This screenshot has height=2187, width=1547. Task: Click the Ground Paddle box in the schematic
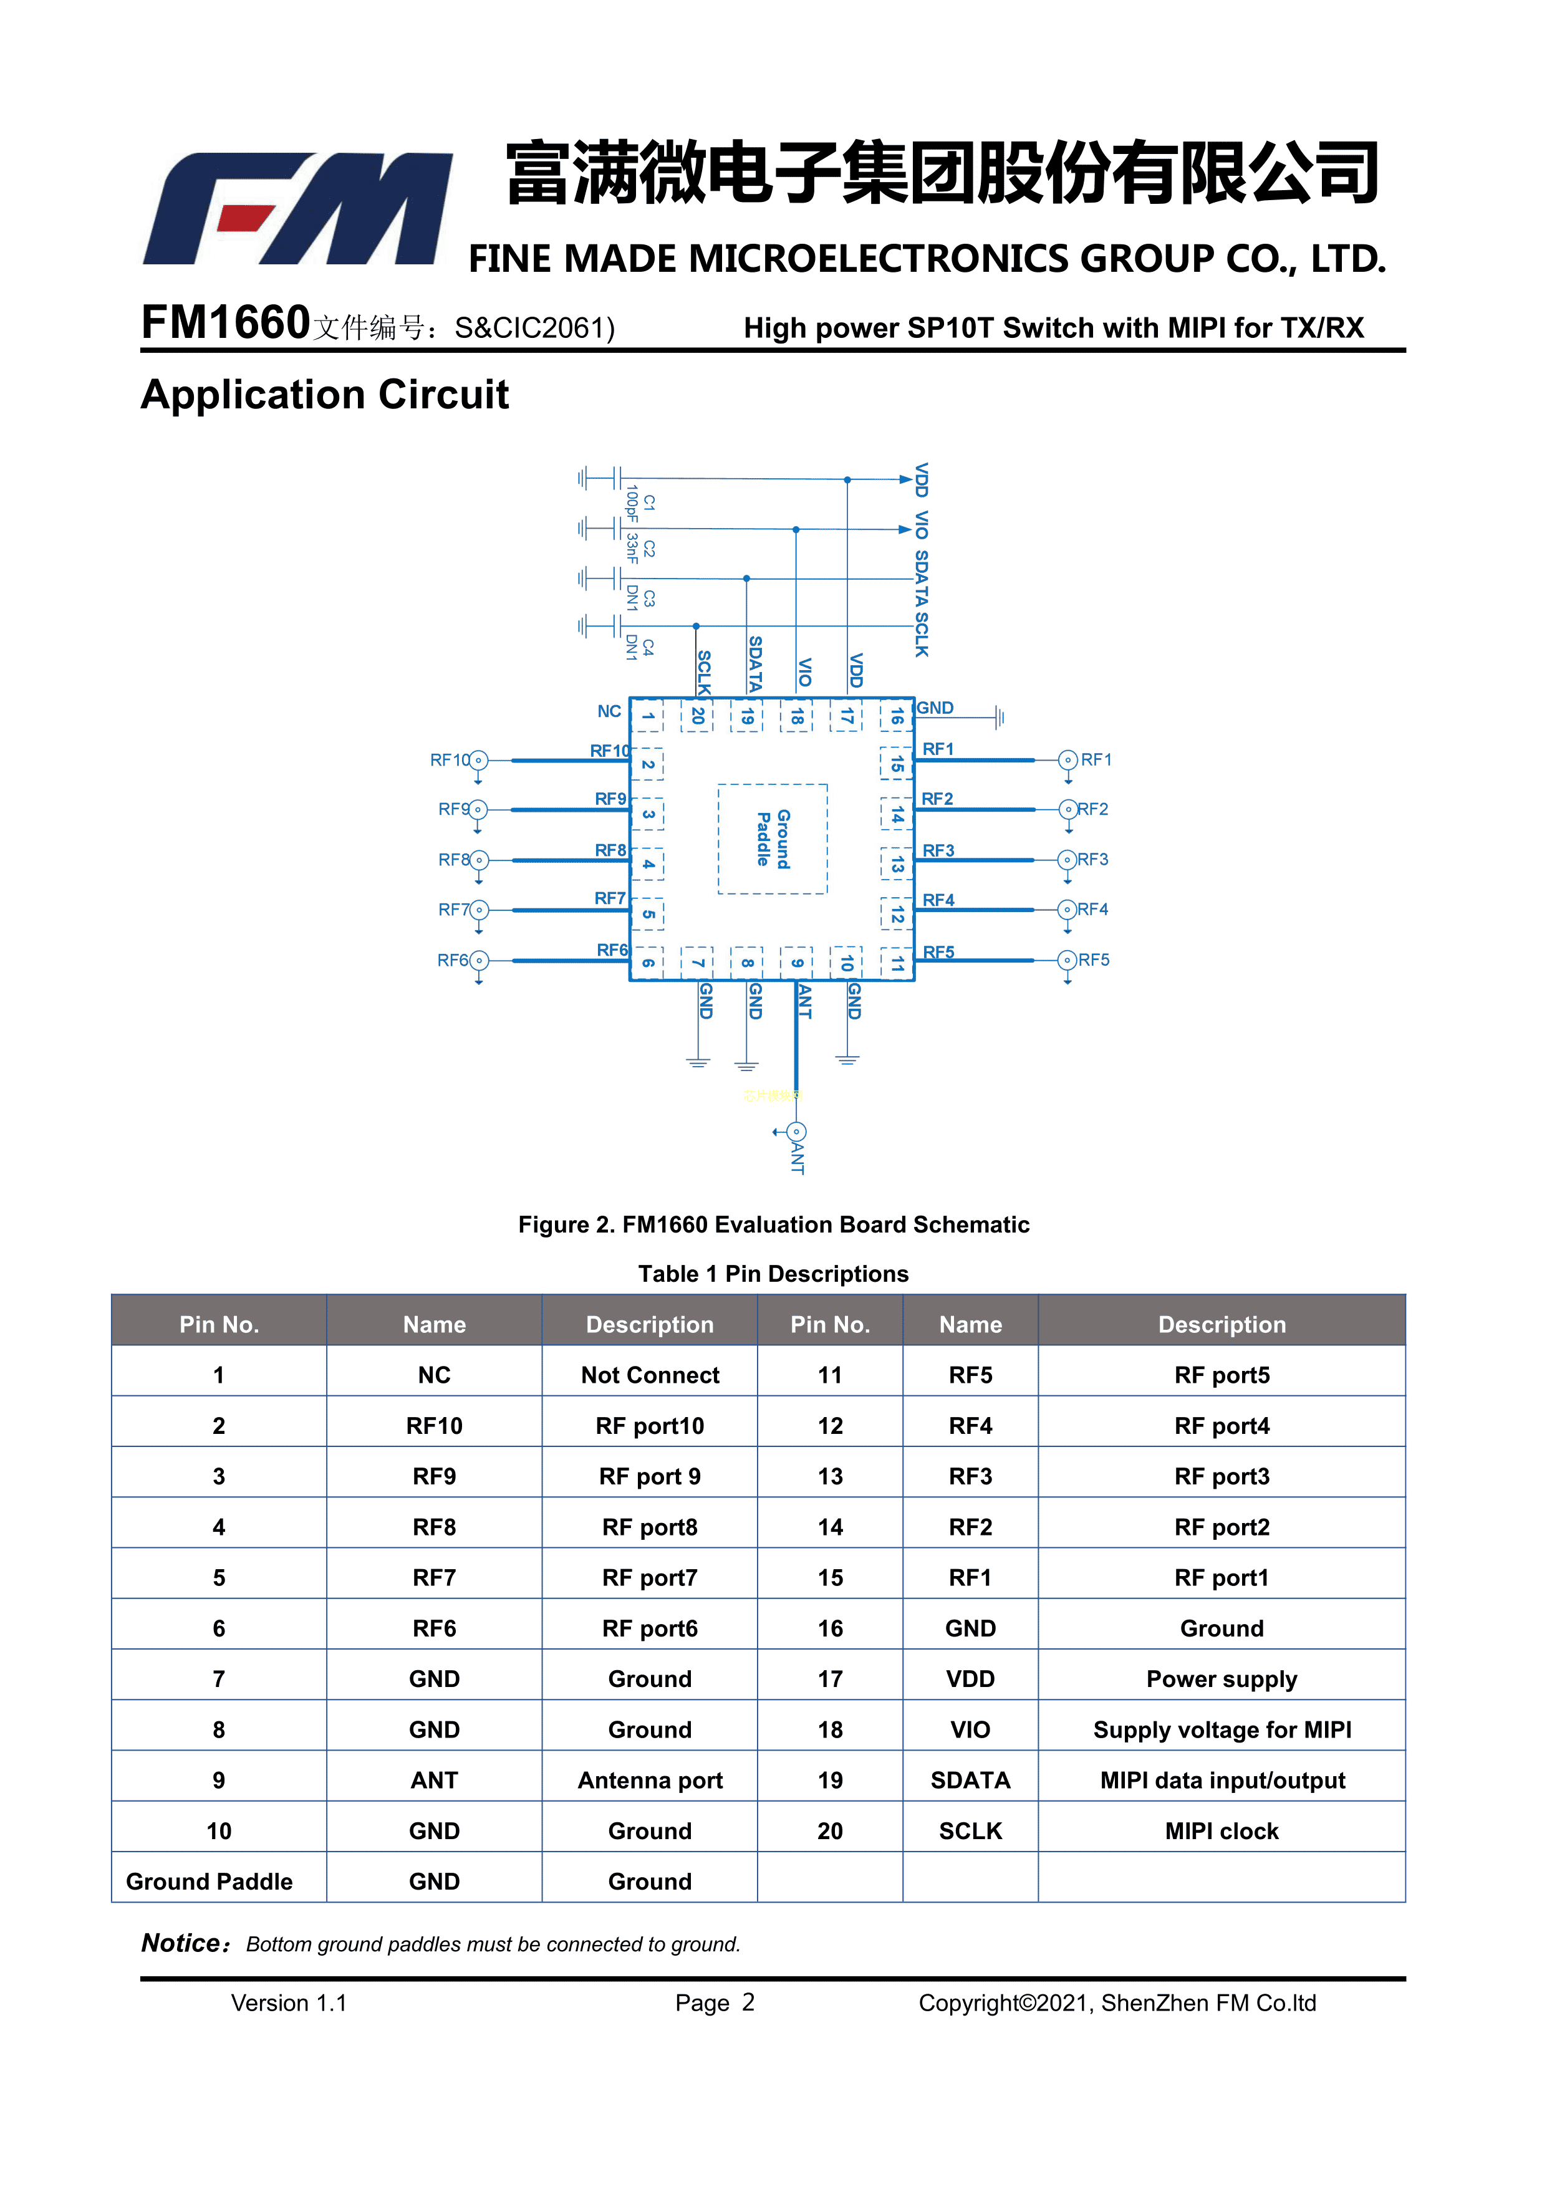click(773, 839)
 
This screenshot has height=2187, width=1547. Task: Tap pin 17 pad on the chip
click(846, 715)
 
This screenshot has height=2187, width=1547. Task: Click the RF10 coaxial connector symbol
click(478, 760)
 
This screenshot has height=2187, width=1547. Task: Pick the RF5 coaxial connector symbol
click(1068, 960)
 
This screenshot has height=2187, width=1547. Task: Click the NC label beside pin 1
click(609, 711)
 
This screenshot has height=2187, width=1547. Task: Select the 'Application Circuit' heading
click(325, 395)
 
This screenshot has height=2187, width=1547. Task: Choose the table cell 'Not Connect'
click(650, 1375)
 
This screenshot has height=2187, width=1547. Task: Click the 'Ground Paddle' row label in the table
click(210, 1882)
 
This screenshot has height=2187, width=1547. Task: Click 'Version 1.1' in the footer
click(289, 2003)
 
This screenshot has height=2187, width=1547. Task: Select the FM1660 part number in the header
click(226, 323)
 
